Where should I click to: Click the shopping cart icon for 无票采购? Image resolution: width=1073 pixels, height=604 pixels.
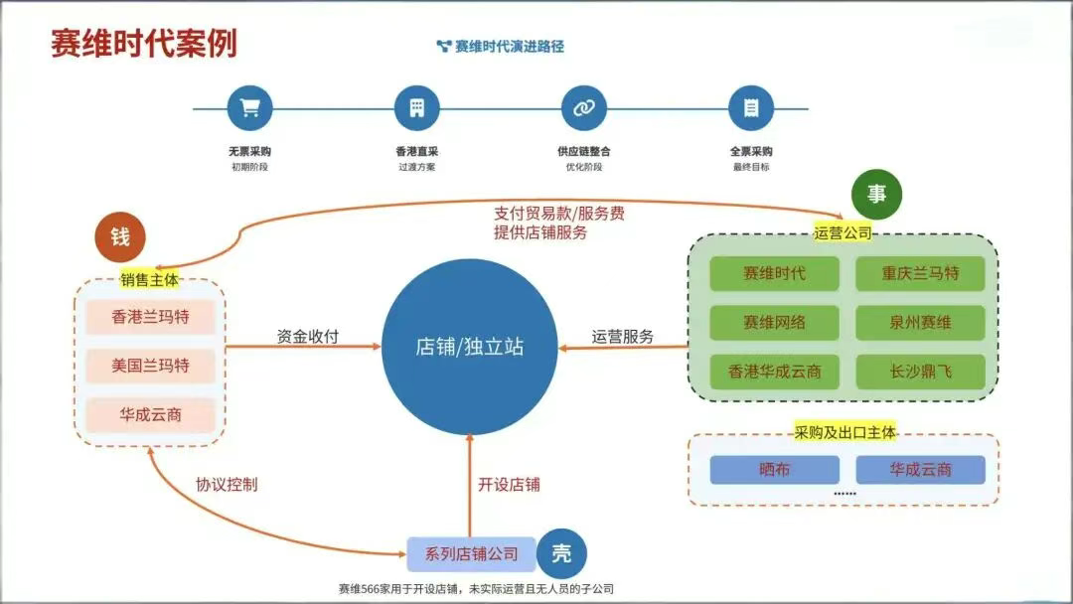[249, 108]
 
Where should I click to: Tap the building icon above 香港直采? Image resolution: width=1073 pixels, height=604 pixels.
[416, 108]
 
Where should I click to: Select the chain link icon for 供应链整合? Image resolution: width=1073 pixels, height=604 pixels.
[583, 108]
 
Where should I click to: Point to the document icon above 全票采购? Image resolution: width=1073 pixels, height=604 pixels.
[751, 108]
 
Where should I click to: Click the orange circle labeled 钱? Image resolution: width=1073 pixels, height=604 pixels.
[119, 237]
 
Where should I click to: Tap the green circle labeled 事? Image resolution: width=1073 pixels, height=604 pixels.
[876, 195]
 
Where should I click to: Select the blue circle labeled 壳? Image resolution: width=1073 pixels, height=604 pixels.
[561, 554]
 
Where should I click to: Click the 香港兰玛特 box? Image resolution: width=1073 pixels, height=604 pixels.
[150, 318]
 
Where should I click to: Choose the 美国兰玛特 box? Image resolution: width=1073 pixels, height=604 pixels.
[150, 366]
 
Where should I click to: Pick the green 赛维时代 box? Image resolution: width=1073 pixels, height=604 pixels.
[774, 273]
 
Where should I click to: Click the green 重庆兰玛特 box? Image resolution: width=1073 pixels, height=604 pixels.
[920, 273]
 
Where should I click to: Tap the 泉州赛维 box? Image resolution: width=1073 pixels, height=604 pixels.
[920, 322]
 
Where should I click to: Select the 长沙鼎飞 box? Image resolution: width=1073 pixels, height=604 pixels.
[920, 372]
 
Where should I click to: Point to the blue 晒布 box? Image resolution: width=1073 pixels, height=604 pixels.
[774, 469]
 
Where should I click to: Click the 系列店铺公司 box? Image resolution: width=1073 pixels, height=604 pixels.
[471, 554]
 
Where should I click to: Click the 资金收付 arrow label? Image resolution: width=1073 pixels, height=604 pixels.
[307, 337]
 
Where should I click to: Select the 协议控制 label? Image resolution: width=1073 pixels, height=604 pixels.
[227, 485]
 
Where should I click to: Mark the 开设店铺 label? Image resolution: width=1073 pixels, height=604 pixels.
[509, 485]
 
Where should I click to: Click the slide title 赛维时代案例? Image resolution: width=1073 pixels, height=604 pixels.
[143, 44]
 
